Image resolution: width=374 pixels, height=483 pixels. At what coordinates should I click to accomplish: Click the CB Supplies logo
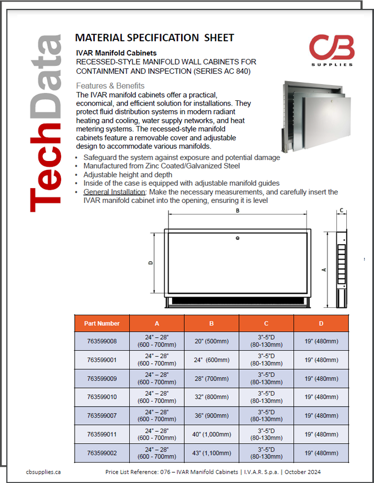(x=332, y=50)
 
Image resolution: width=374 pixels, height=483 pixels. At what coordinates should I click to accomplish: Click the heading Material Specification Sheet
(x=154, y=38)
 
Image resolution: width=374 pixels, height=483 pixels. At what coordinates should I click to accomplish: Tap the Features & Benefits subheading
(x=110, y=86)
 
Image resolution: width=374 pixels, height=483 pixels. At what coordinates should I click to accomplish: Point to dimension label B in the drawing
(x=237, y=211)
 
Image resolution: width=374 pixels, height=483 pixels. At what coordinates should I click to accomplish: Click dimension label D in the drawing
(x=151, y=263)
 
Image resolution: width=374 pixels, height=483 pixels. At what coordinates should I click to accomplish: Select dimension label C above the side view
(x=341, y=211)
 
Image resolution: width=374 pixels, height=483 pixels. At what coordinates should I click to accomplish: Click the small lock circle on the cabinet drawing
(x=237, y=238)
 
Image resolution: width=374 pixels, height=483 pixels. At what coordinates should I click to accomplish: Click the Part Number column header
(x=102, y=323)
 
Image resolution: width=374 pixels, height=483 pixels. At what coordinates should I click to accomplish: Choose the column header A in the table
(x=157, y=323)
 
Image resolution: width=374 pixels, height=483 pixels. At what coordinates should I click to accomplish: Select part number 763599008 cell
(x=102, y=341)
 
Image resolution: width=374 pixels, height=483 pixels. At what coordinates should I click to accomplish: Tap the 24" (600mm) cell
(x=211, y=360)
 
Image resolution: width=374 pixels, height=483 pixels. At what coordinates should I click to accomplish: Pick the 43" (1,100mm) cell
(x=211, y=453)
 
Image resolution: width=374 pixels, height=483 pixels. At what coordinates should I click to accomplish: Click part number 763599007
(x=102, y=416)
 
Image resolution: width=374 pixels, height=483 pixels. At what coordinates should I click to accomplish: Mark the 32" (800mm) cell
(x=211, y=397)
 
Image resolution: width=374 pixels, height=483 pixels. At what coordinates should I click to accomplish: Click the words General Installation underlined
(x=114, y=192)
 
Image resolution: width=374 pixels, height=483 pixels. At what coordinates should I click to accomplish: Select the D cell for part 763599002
(x=321, y=453)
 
